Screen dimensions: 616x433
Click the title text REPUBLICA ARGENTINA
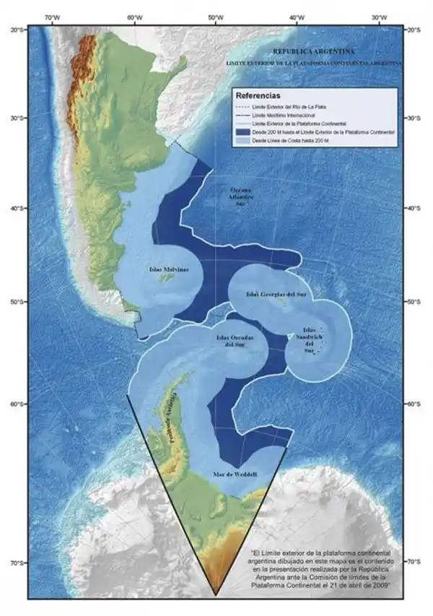point(313,52)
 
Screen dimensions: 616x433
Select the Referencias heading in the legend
point(258,95)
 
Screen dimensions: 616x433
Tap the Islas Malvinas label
point(169,269)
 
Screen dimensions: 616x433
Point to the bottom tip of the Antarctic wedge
point(216,594)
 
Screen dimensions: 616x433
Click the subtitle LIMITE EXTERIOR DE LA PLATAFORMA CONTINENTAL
point(313,64)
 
